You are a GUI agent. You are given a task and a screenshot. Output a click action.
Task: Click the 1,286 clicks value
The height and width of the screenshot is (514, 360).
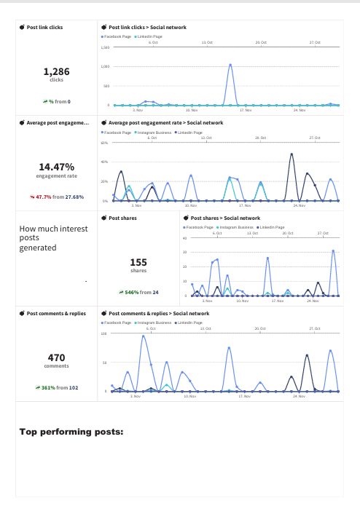56,71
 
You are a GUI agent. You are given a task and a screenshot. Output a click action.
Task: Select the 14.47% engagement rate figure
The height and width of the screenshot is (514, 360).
56,167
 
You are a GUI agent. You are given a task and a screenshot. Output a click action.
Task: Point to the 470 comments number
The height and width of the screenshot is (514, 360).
56,357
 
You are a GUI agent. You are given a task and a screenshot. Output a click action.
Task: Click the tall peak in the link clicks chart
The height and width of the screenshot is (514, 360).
230,64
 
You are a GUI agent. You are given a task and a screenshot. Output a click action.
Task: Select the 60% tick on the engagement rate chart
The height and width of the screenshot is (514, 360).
105,143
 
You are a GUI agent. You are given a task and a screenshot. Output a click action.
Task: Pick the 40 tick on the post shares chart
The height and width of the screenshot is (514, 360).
184,238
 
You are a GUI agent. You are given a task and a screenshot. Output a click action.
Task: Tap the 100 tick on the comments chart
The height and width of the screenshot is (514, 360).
104,333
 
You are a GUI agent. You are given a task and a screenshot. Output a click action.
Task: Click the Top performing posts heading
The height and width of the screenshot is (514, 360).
71,431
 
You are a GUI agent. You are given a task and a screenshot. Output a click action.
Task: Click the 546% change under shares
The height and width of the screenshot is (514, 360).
132,292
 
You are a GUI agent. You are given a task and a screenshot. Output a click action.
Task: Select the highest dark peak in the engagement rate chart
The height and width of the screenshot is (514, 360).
292,154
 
